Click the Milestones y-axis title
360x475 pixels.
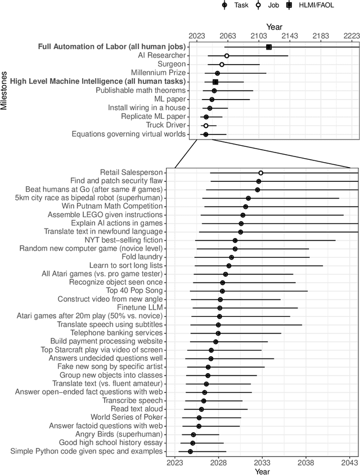[x=4, y=90]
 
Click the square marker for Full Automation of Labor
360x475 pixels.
[x=269, y=47]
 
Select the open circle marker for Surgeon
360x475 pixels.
[x=222, y=65]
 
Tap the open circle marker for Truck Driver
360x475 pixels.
[x=206, y=126]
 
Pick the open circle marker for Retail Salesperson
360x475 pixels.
[x=261, y=173]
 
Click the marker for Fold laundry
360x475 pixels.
[x=231, y=257]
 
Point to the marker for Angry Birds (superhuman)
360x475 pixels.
[x=193, y=434]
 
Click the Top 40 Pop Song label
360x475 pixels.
[x=134, y=291]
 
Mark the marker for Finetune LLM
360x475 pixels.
[x=220, y=308]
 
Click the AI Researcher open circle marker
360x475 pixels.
[x=227, y=56]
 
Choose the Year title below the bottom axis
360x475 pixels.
[x=262, y=471]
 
